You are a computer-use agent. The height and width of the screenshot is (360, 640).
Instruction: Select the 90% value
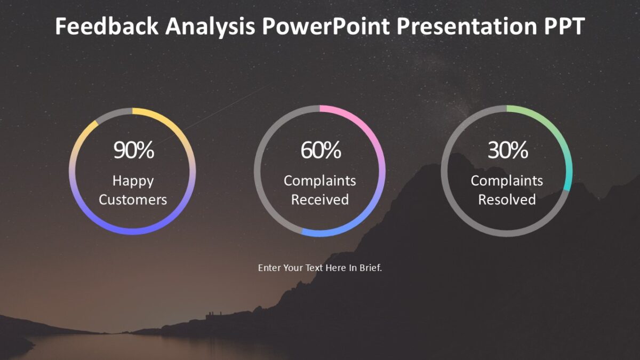(133, 151)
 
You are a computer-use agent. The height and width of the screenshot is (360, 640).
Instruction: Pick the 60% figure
(321, 151)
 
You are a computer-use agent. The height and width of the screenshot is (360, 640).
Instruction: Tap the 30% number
(507, 151)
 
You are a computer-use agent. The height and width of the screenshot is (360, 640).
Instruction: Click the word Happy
(133, 181)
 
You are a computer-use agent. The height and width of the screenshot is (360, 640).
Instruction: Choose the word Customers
(133, 200)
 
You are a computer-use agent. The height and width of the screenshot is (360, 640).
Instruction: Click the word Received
(320, 200)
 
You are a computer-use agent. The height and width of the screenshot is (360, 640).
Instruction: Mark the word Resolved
(507, 200)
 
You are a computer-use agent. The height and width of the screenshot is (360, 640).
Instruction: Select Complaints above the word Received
(320, 181)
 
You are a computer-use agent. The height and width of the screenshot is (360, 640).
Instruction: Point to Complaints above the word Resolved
(507, 181)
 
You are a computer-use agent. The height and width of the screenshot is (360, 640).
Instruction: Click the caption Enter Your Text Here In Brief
(320, 268)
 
